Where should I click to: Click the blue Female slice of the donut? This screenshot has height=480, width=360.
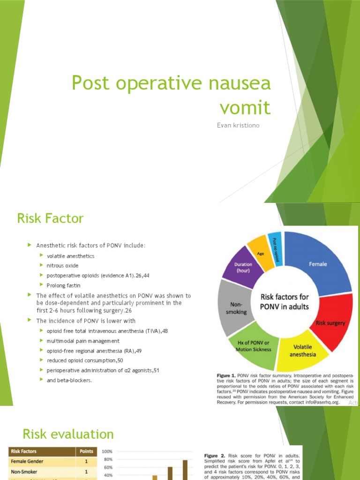coord(319,262)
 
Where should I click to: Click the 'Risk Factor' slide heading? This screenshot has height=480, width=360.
coord(50,218)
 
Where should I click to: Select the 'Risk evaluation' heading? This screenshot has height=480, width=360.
coord(65,434)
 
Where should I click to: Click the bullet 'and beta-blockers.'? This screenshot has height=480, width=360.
coord(69,380)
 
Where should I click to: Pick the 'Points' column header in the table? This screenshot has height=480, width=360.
coord(86,451)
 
